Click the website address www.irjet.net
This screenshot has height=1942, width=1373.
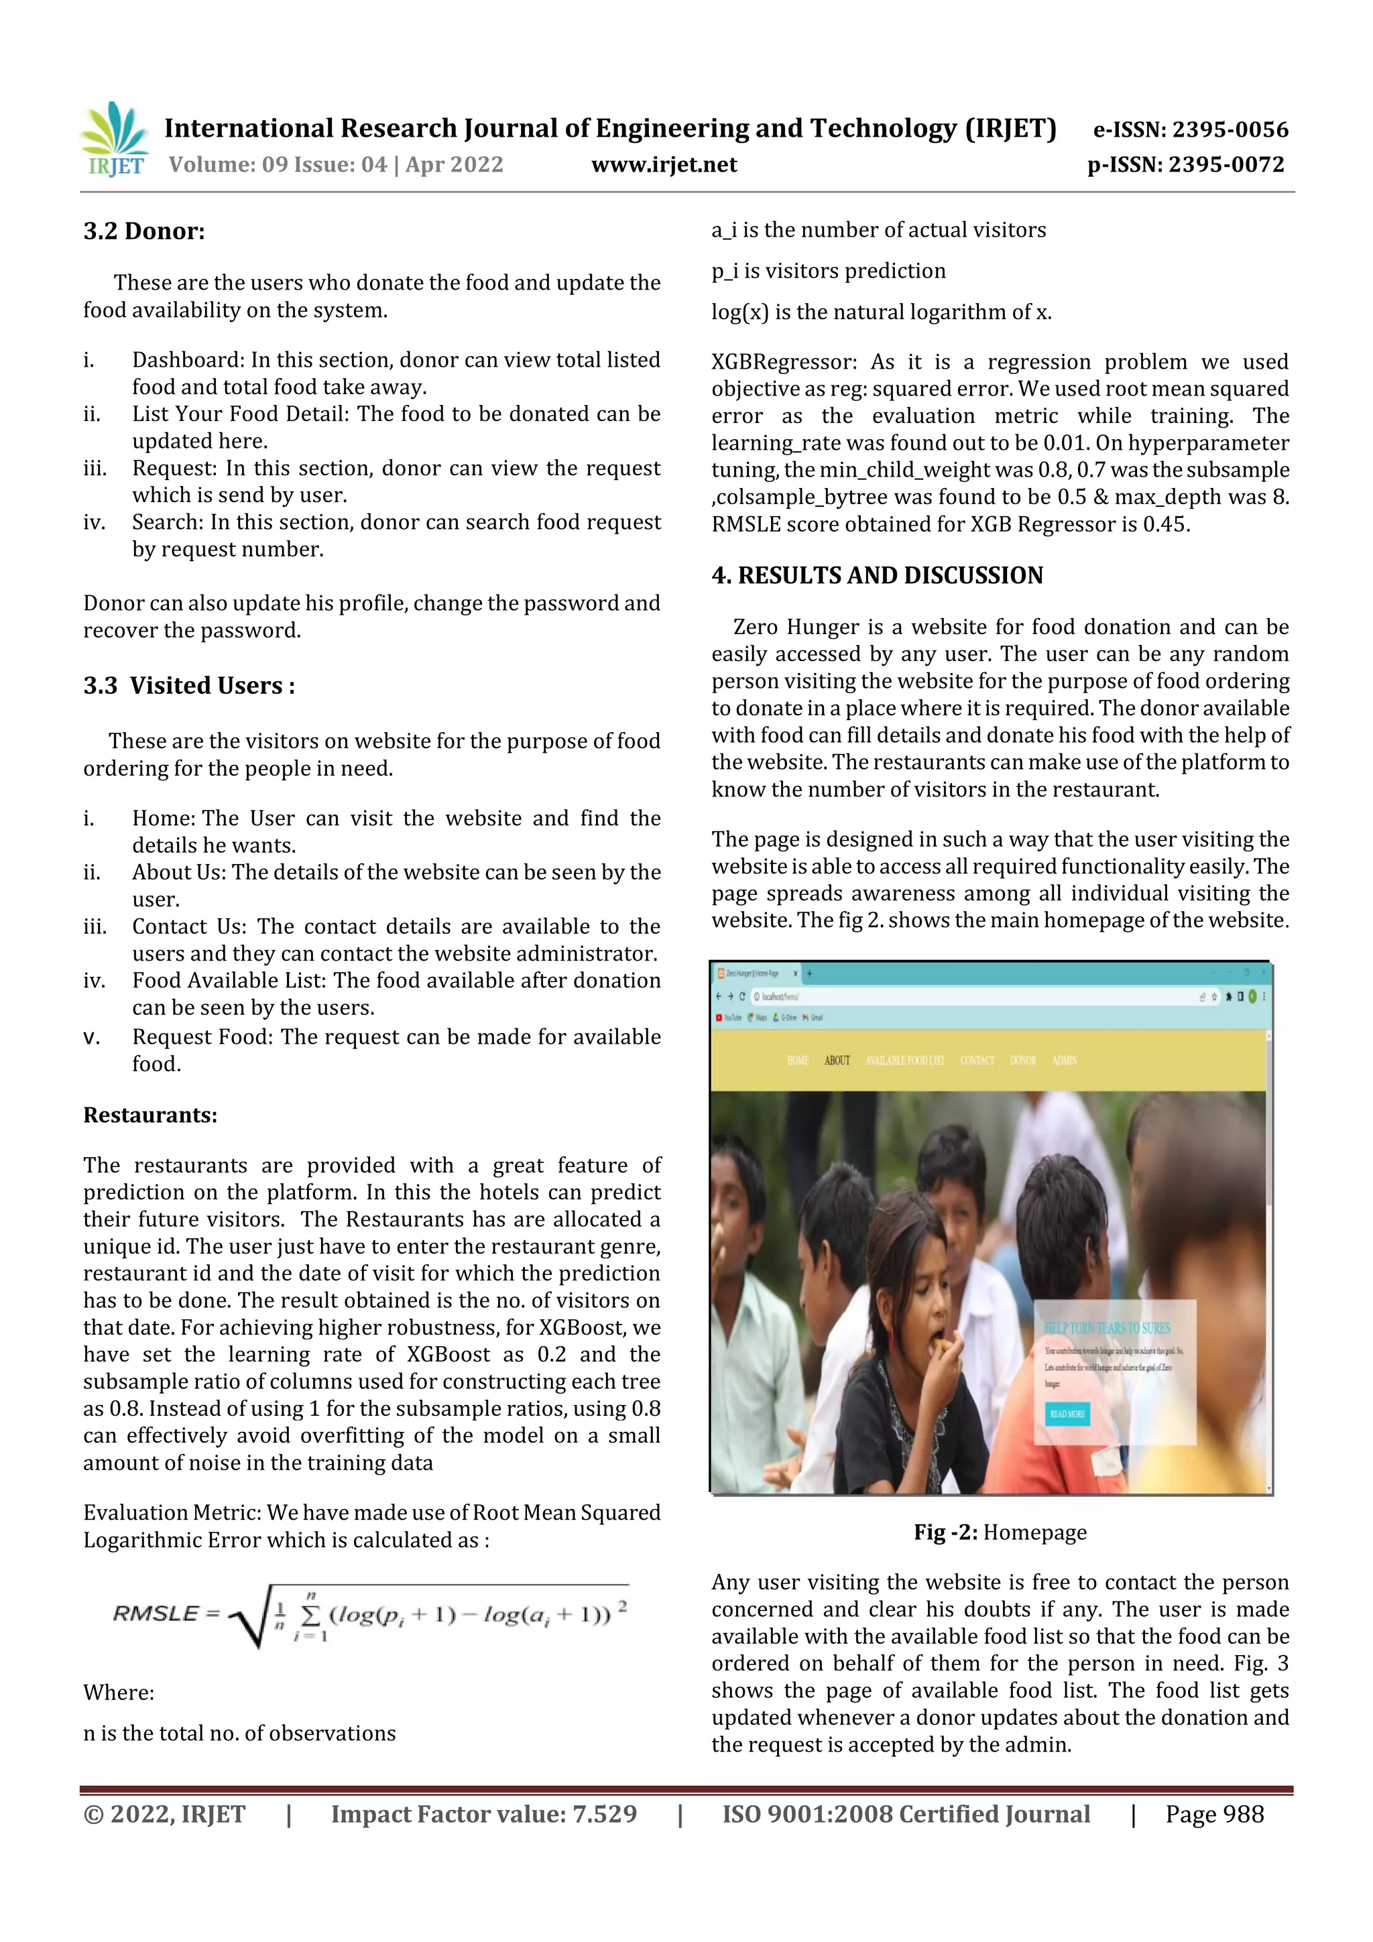pyautogui.click(x=664, y=165)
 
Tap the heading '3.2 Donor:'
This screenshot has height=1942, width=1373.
pyautogui.click(x=144, y=231)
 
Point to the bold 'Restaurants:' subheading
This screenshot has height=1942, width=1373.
pyautogui.click(x=150, y=1115)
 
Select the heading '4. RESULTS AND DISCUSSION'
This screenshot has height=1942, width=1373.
pyautogui.click(x=878, y=575)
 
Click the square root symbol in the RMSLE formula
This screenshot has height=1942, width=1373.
pyautogui.click(x=251, y=1616)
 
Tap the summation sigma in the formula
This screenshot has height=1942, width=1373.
pyautogui.click(x=310, y=1615)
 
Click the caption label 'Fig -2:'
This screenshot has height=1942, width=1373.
pyautogui.click(x=945, y=1532)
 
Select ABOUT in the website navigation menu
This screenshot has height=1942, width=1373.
pyautogui.click(x=837, y=1060)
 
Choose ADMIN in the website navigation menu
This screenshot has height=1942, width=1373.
pyautogui.click(x=1064, y=1060)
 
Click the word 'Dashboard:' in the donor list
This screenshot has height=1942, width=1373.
pyautogui.click(x=188, y=361)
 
